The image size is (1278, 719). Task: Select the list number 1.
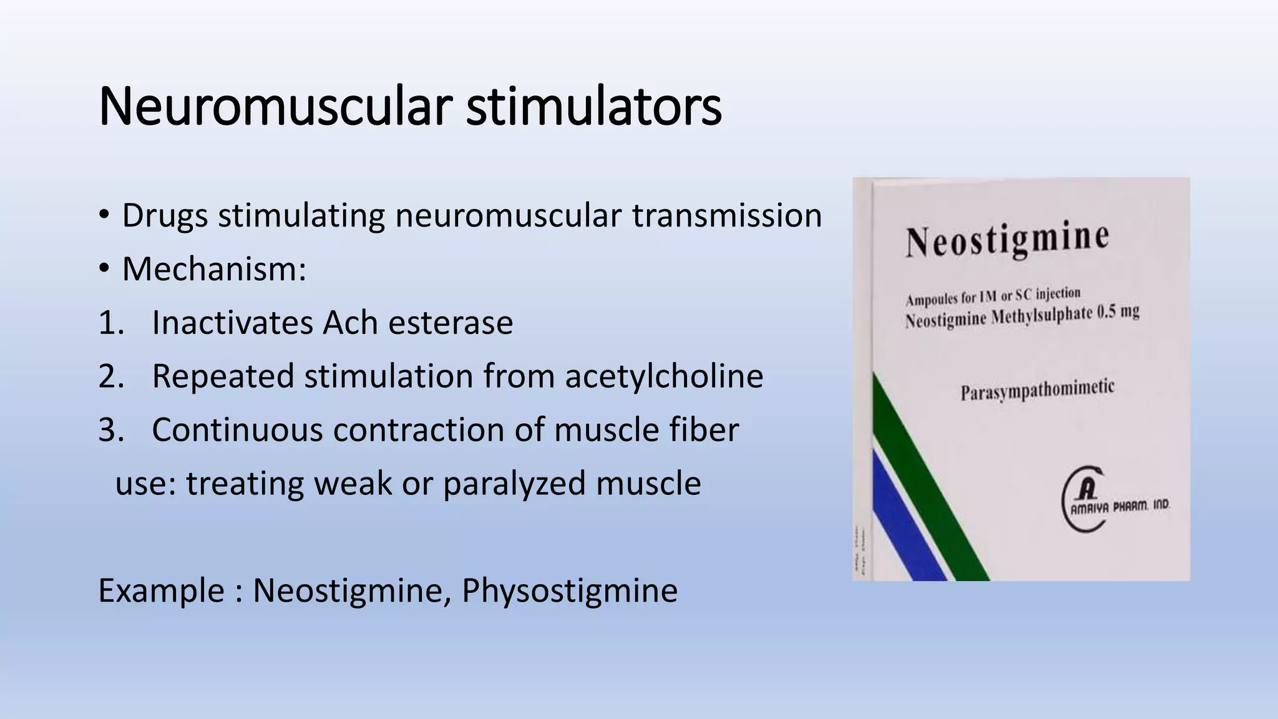[112, 323]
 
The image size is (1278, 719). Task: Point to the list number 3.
[112, 430]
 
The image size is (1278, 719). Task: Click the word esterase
[451, 323]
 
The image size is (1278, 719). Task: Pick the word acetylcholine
[664, 376]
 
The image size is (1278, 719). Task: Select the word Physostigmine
[569, 590]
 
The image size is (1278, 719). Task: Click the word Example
[161, 590]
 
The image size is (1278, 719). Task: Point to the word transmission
[727, 215]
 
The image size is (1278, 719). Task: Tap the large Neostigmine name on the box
[1007, 240]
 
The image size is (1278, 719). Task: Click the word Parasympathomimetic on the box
[1037, 391]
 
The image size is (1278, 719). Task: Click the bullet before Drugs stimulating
[104, 215]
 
